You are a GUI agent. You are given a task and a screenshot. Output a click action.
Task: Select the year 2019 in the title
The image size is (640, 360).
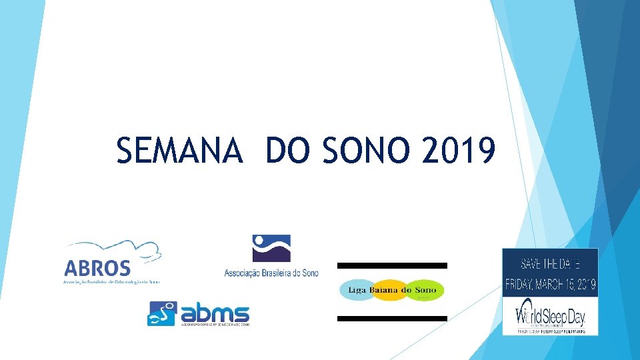click(459, 150)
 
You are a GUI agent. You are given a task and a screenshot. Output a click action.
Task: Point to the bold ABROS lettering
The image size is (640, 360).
click(97, 268)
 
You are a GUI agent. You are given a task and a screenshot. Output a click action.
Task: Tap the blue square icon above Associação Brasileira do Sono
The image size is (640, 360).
click(271, 248)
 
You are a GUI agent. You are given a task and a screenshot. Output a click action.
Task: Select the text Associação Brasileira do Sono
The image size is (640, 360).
click(271, 272)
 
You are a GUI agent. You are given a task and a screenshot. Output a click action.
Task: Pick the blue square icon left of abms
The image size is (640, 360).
click(163, 314)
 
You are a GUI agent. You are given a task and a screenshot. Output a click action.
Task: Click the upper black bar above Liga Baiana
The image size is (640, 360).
click(392, 265)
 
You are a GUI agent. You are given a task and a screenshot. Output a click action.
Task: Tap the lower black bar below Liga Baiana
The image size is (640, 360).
click(392, 319)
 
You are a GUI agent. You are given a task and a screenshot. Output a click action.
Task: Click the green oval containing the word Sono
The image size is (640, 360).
click(424, 290)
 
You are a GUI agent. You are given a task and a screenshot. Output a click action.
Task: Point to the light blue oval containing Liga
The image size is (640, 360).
click(357, 290)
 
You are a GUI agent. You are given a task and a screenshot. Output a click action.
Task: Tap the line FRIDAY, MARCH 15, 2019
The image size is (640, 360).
click(551, 285)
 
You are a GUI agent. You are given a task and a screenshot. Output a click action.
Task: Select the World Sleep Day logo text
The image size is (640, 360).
click(551, 312)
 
